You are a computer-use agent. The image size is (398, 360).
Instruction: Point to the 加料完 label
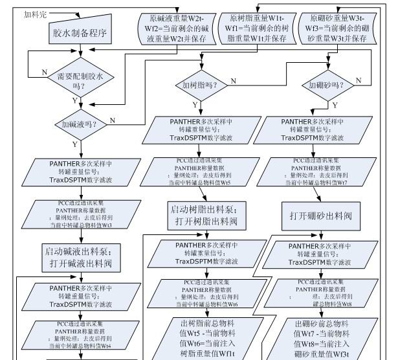point(34,13)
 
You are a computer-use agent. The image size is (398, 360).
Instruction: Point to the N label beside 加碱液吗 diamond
point(112,120)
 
